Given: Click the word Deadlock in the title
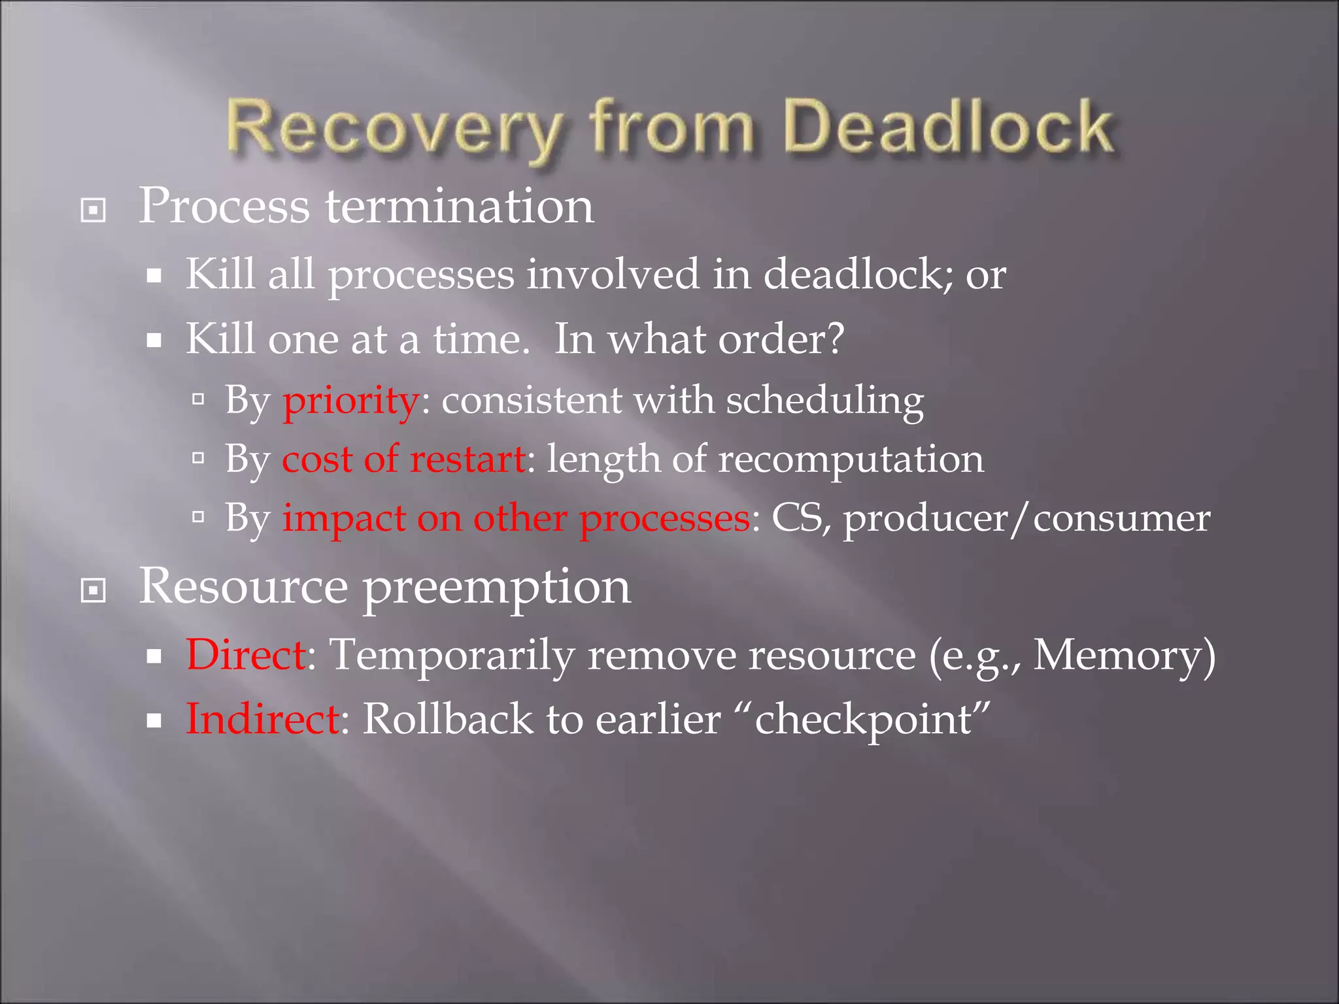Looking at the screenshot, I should coord(948,127).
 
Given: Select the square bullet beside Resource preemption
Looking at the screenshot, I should coord(93,591).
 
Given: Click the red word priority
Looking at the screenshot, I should coord(351,400).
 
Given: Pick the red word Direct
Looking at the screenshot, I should coord(246,654).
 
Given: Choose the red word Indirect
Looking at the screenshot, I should coord(262,719).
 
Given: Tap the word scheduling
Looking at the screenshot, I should coord(825,400).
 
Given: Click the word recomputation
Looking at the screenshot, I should coord(851,459).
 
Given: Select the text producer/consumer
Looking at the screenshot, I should coord(1026,519).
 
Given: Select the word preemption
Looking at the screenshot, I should coord(497,587).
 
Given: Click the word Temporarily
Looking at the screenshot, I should coord(452,654).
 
